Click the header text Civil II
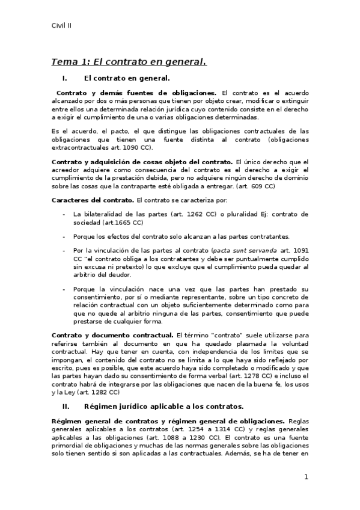coord(62,25)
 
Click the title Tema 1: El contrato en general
coord(129,61)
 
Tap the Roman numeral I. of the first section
coord(65,78)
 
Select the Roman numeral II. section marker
coord(66,406)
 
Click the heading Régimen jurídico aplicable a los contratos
coord(163,406)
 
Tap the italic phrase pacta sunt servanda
coord(236,250)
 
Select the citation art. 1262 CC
coord(225,214)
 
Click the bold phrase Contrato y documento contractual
coord(112,334)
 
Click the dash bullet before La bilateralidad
coord(64,214)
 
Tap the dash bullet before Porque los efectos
coord(64,236)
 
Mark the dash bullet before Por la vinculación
coord(64,250)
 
